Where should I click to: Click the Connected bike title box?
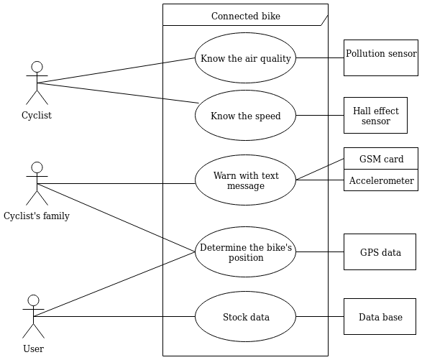[x=245, y=15]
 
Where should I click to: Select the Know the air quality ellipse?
[x=245, y=58]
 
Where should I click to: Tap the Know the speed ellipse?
[x=245, y=116]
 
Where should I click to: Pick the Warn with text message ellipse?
[x=245, y=180]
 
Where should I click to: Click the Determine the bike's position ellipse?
[x=245, y=252]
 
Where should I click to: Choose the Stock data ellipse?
[x=245, y=317]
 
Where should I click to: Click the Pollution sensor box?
[x=380, y=57]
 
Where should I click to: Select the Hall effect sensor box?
[x=375, y=116]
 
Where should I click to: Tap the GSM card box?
[x=380, y=159]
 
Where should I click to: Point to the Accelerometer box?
[x=380, y=180]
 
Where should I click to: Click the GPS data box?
[x=380, y=252]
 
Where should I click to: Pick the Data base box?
[x=380, y=317]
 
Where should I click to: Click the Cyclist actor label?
[x=37, y=115]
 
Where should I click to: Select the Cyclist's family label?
[x=37, y=216]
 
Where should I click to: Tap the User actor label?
[x=33, y=349]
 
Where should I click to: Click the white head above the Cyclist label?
[x=37, y=67]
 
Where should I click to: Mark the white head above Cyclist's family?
[x=37, y=167]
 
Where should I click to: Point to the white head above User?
[x=33, y=300]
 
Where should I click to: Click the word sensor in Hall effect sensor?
[x=375, y=121]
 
